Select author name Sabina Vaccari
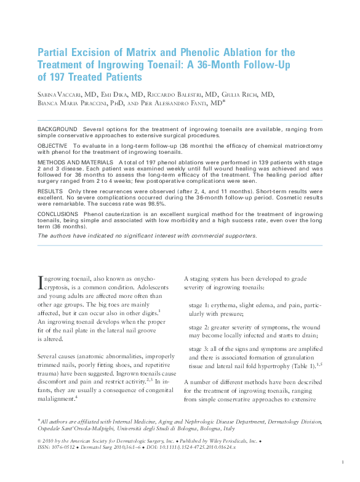[60, 94]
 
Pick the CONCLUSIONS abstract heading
[60, 214]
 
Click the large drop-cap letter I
[41, 283]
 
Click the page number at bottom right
[342, 461]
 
